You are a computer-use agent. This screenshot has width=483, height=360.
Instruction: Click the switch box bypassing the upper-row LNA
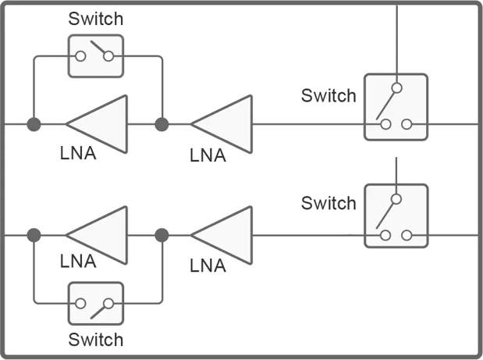point(95,56)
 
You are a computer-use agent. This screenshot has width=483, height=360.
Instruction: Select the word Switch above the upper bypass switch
point(95,19)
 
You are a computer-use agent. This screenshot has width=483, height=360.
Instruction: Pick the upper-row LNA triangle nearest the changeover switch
point(224,123)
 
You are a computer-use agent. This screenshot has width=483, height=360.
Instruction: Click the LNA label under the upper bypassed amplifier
point(78,153)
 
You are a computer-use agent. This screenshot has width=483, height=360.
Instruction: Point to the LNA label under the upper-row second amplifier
point(208,155)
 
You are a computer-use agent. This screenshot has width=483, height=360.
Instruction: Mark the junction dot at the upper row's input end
point(34,124)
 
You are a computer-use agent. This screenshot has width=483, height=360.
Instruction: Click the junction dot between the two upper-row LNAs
point(162,124)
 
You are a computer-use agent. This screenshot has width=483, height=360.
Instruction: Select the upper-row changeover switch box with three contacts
point(396,107)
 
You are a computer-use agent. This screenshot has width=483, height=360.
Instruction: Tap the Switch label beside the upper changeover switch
point(329,96)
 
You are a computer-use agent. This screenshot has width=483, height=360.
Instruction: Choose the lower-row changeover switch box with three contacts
point(396,216)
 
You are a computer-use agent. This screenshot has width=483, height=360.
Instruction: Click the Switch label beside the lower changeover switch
point(329,204)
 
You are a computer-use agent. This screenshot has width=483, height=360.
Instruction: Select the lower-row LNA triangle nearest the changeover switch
point(224,234)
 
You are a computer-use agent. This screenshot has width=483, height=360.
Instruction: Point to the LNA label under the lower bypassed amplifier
point(78,262)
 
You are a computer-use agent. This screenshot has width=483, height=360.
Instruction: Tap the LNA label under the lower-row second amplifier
point(208,266)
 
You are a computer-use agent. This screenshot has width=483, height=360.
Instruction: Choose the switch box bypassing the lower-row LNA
point(95,303)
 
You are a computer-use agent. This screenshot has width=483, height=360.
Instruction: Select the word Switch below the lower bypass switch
point(95,340)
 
